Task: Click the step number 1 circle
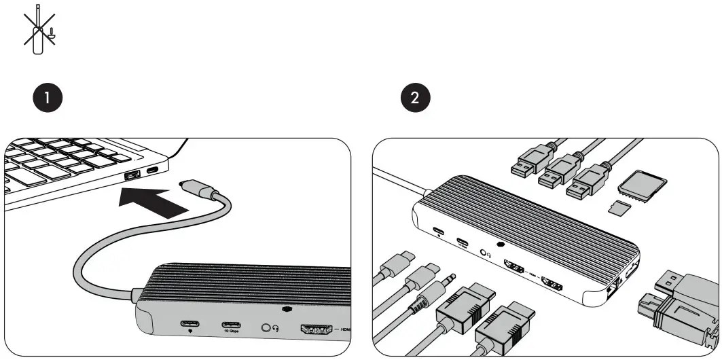pyautogui.click(x=47, y=97)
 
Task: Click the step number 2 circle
pyautogui.click(x=414, y=97)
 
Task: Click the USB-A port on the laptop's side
pyautogui.click(x=132, y=177)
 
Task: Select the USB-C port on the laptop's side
pyautogui.click(x=154, y=170)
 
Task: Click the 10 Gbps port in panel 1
pyautogui.click(x=229, y=322)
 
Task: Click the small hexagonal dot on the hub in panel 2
pyautogui.click(x=500, y=244)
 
